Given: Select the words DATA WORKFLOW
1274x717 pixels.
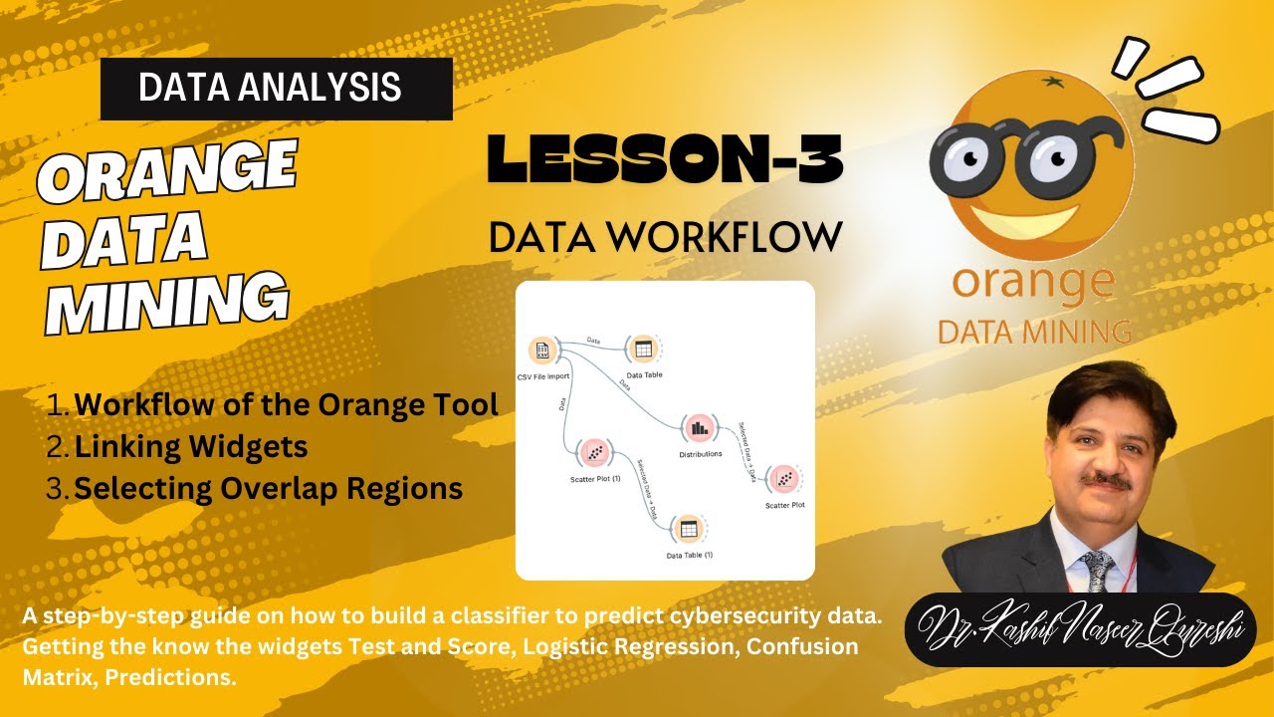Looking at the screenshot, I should click(x=665, y=236).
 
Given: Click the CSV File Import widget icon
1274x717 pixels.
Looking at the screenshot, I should click(x=542, y=351).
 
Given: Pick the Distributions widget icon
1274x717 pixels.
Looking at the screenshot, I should click(x=699, y=428).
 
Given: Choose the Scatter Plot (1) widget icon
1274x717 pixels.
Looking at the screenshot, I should click(x=595, y=453).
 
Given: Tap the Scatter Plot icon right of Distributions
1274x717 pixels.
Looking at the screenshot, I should click(x=785, y=479).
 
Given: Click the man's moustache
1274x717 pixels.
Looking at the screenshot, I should click(x=1107, y=481).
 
